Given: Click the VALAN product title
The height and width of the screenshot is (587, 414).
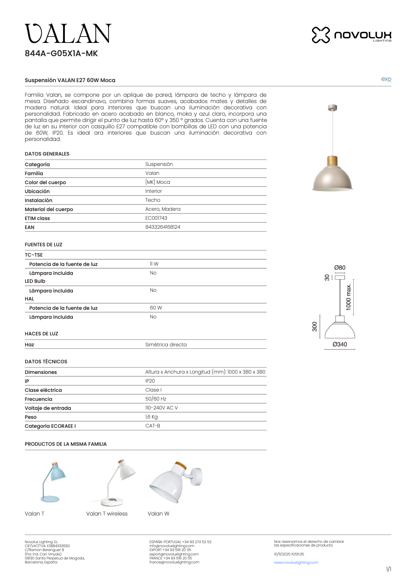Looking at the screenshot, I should [x=68, y=34].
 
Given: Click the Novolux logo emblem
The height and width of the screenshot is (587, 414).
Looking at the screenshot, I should [x=321, y=35].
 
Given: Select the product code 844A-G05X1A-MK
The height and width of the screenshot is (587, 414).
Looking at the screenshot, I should [x=61, y=54].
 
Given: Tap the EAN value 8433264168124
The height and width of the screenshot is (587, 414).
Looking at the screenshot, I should [x=163, y=227].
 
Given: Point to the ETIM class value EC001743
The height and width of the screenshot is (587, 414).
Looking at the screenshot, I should [x=156, y=218].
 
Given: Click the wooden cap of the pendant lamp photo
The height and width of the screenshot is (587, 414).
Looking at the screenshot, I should [x=332, y=161].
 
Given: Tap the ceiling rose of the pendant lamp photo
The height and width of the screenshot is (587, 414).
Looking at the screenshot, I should [x=332, y=107].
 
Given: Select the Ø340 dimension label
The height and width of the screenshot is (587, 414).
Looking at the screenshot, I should [x=340, y=344].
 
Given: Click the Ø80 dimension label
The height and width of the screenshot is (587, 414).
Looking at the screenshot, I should [x=340, y=268].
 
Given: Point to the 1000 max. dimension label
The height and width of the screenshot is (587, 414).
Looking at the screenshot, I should [x=348, y=297].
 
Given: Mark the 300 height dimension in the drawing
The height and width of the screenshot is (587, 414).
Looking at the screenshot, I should [x=314, y=326].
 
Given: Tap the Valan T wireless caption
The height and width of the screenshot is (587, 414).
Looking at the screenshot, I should [x=107, y=514].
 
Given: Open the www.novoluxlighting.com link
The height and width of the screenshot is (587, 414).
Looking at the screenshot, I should [x=296, y=562].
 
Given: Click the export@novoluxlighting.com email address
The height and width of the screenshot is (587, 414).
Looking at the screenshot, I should [x=174, y=554].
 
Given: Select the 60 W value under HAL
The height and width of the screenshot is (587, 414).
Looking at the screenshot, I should [x=156, y=308].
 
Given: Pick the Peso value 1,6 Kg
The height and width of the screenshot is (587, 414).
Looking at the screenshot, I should [x=152, y=417].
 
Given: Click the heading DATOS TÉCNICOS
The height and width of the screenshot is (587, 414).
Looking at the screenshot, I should [x=46, y=361].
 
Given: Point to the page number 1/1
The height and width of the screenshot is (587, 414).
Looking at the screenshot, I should [x=388, y=569].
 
